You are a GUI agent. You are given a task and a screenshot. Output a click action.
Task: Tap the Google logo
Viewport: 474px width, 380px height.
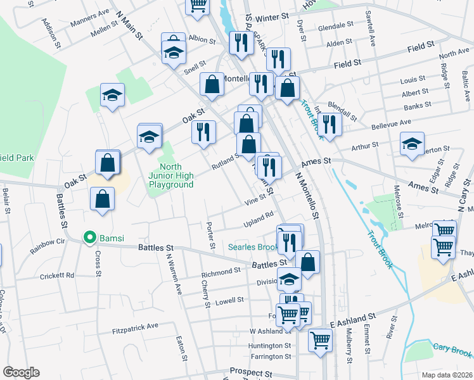[x=20, y=372]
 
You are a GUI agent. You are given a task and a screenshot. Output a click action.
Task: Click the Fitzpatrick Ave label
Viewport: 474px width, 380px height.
[x=135, y=326]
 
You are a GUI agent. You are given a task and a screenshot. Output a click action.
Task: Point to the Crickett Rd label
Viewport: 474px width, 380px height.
[x=57, y=275]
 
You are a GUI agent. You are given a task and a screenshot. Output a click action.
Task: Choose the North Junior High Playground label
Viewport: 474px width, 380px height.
[x=171, y=175]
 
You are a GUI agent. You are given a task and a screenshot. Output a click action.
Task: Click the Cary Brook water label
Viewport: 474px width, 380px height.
[x=452, y=348]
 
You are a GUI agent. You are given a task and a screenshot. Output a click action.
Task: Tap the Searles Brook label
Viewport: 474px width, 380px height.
[x=252, y=247]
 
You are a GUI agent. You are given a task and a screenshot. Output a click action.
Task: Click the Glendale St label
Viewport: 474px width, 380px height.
[x=336, y=27]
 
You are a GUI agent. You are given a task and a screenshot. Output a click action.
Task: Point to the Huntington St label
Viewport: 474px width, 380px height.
[x=270, y=346]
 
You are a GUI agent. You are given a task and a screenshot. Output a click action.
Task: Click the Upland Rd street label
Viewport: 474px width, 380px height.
[x=258, y=220]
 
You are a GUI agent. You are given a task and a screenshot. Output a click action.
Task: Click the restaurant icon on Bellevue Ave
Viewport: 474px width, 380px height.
[x=330, y=124]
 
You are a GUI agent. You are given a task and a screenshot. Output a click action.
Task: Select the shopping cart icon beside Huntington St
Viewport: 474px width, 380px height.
[x=320, y=339]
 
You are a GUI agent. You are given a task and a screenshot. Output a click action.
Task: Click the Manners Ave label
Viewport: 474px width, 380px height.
[x=90, y=13]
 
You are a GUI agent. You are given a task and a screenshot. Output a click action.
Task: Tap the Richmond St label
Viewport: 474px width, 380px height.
[x=221, y=272]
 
